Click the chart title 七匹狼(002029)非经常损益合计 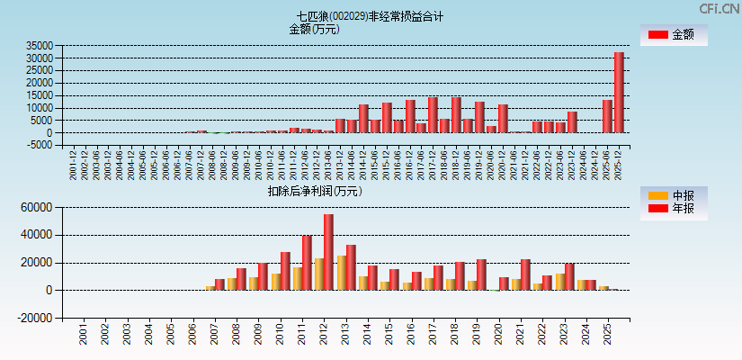[371, 16]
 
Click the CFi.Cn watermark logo [719, 8]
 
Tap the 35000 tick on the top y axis [40, 46]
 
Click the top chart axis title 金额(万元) [314, 29]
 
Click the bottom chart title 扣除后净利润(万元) [314, 191]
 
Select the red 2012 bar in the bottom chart [328, 252]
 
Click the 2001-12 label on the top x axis [74, 166]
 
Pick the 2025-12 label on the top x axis [620, 166]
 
